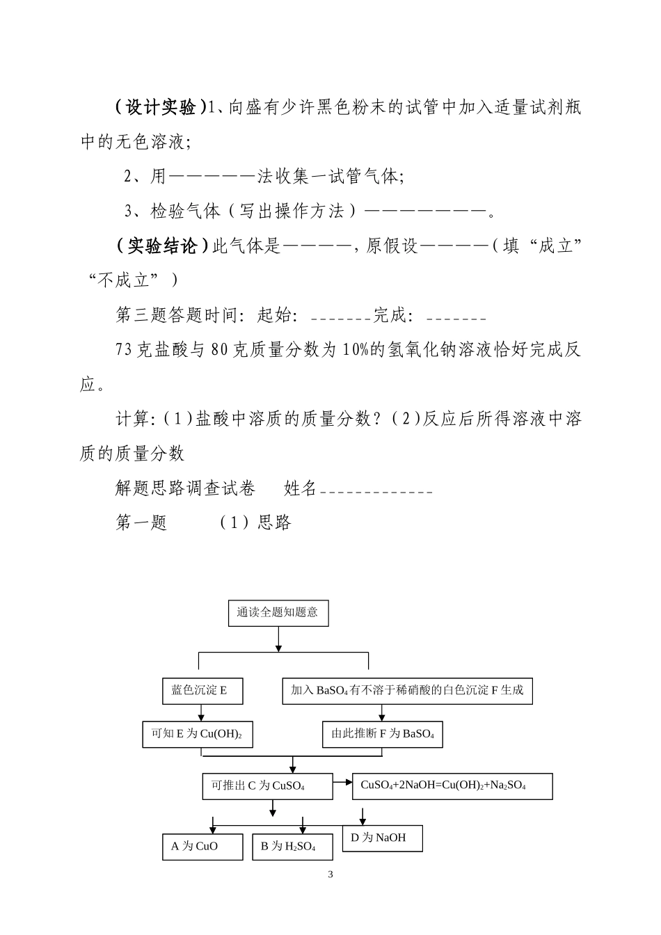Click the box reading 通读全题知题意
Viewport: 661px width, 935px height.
coord(278,612)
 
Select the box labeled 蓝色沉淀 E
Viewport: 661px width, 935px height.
coord(200,691)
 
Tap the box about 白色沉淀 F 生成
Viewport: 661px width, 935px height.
coord(407,691)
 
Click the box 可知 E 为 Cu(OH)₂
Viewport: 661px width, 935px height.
coord(197,734)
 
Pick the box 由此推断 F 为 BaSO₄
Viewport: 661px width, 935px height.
coord(383,734)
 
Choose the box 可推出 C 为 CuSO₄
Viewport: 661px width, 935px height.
coord(267,786)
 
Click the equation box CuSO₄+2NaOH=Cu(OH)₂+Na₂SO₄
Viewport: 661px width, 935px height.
coord(452,785)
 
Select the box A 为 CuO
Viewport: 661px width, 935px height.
coord(202,846)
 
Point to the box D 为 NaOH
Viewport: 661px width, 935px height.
coord(382,838)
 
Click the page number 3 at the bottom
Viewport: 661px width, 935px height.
coord(330,874)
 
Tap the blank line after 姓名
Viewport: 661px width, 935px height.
coord(376,492)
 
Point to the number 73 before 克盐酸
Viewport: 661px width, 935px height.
coord(124,350)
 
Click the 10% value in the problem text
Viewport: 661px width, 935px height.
coord(354,350)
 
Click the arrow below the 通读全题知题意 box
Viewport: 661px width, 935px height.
coord(278,639)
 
